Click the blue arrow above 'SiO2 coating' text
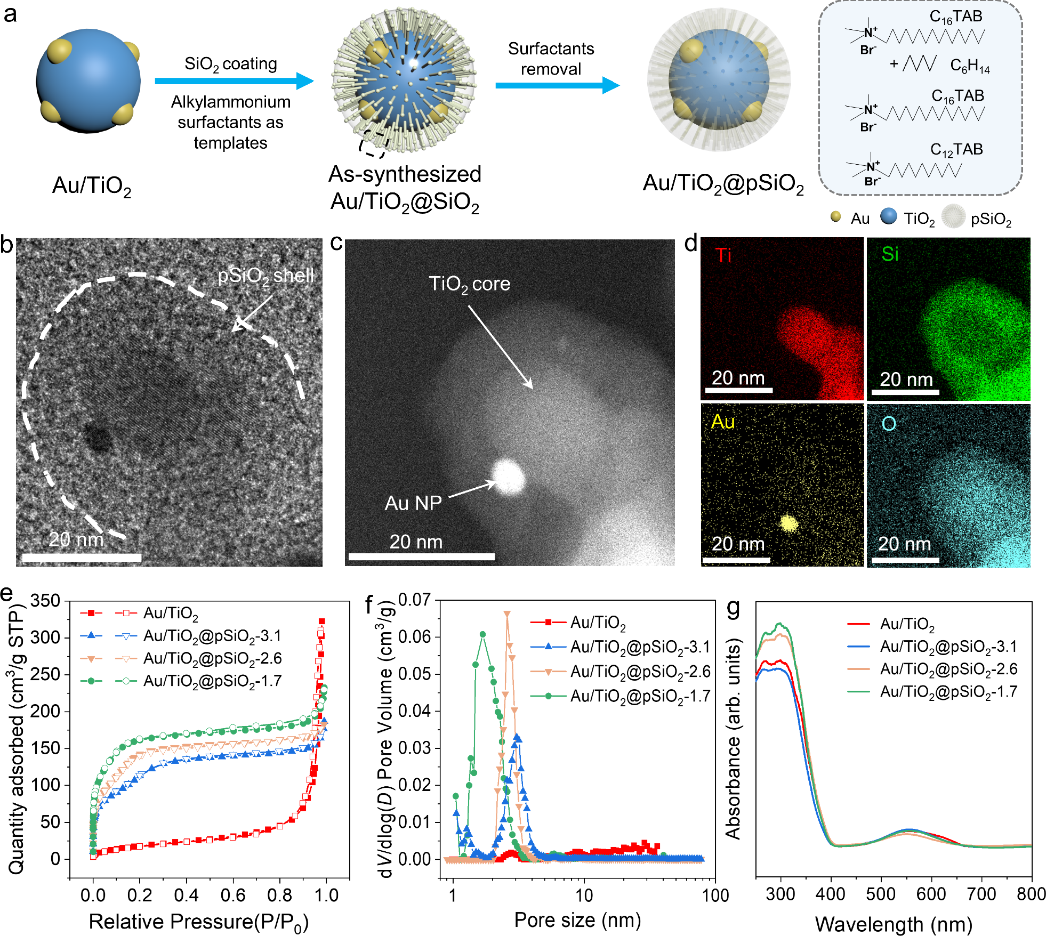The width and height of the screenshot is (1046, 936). pyautogui.click(x=234, y=81)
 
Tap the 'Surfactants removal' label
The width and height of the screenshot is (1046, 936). pyautogui.click(x=551, y=59)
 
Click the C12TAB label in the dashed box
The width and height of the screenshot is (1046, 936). pyautogui.click(x=956, y=150)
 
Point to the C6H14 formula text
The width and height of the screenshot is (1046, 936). pyautogui.click(x=970, y=66)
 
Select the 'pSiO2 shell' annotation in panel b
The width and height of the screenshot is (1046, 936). pyautogui.click(x=265, y=276)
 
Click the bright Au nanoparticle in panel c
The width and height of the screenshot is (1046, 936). pyautogui.click(x=508, y=477)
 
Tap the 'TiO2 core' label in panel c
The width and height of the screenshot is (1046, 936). pyautogui.click(x=469, y=284)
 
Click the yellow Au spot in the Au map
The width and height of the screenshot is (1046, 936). pyautogui.click(x=788, y=523)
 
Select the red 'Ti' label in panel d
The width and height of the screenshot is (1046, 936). pyautogui.click(x=723, y=255)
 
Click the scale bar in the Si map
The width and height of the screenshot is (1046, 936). pyautogui.click(x=905, y=392)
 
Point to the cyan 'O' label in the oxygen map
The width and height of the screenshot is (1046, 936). pyautogui.click(x=889, y=424)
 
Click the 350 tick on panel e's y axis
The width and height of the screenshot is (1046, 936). pyautogui.click(x=45, y=601)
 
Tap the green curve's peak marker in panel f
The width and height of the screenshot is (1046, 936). pyautogui.click(x=483, y=634)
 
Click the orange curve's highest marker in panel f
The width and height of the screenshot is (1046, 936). pyautogui.click(x=507, y=614)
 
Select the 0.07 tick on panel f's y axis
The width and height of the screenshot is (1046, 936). pyautogui.click(x=414, y=600)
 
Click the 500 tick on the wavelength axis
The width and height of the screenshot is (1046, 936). pyautogui.click(x=881, y=894)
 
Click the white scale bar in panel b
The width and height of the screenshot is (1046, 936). pyautogui.click(x=82, y=558)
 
